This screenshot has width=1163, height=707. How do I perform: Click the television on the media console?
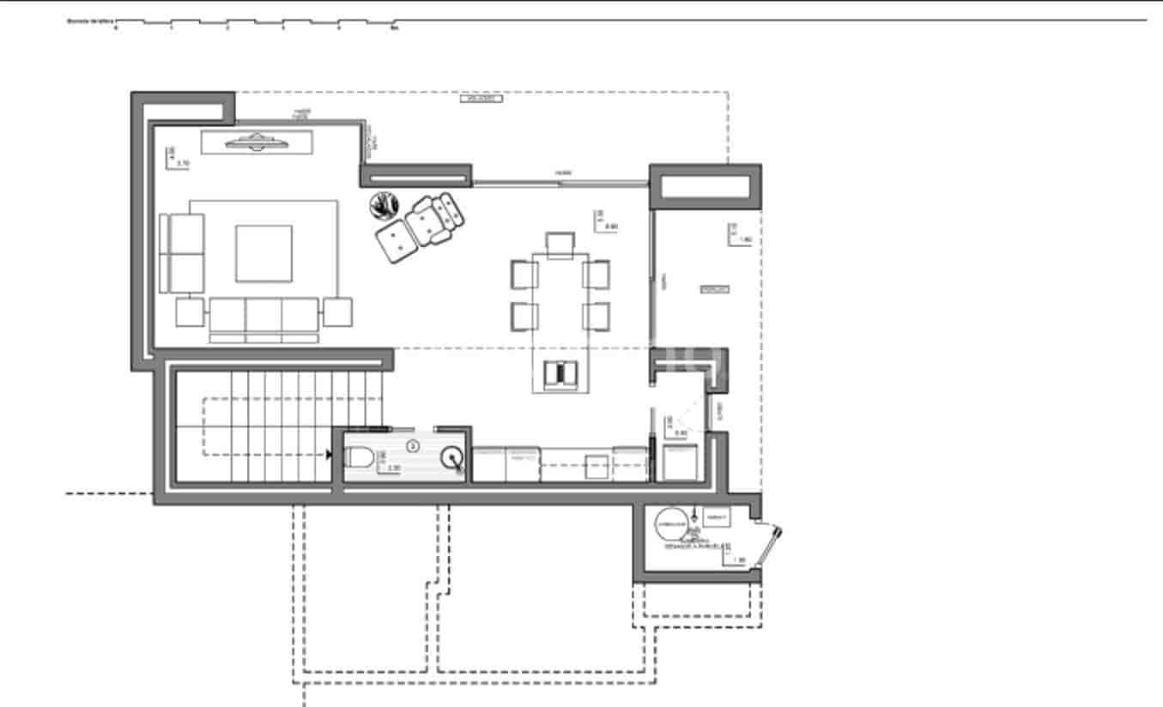click(256, 142)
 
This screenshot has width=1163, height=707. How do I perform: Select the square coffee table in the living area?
click(263, 253)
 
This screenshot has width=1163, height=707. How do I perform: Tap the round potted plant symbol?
click(385, 205)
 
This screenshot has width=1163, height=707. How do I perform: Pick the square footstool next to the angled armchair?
click(395, 240)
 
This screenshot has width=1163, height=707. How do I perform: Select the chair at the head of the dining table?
click(560, 244)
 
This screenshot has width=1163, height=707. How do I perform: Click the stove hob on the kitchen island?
click(560, 374)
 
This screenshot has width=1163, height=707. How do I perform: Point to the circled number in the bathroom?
click(412, 445)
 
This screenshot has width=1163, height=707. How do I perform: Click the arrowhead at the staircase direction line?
click(330, 454)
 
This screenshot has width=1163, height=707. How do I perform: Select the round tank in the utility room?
click(671, 525)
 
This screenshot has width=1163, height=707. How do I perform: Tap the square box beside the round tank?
click(716, 517)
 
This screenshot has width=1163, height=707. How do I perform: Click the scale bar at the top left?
click(256, 23)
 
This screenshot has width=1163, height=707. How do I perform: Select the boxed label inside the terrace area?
click(714, 290)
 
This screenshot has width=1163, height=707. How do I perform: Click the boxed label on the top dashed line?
click(482, 99)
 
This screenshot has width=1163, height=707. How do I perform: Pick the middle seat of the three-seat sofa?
click(263, 315)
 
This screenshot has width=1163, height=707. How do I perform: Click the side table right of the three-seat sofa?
click(337, 311)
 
